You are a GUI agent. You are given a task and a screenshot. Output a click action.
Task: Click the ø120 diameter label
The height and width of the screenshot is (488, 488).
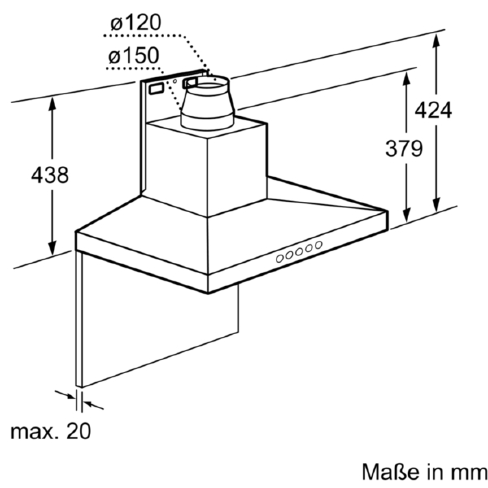coord(136,24)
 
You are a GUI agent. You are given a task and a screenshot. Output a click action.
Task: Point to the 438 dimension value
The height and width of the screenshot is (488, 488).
coord(50,175)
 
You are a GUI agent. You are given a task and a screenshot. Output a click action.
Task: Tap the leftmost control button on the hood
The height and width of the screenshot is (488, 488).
coord(280,258)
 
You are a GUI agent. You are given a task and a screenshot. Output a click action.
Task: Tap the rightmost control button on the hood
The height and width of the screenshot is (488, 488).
coord(319,244)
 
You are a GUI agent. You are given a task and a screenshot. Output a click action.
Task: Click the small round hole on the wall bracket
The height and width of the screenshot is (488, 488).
coord(175,81)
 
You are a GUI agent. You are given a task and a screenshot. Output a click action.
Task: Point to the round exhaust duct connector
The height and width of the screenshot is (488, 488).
coord(206,102)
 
